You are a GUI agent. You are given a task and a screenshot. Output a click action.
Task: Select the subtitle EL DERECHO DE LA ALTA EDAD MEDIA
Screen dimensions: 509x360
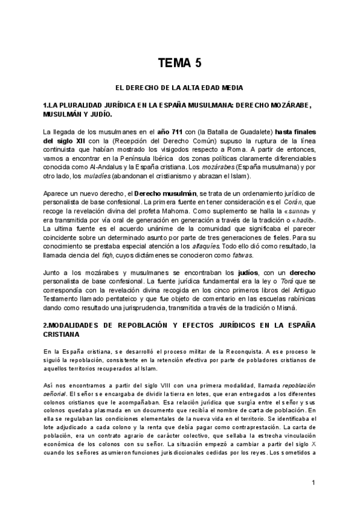(x=179, y=88)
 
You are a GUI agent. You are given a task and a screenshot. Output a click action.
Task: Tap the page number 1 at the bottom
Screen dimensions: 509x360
(x=313, y=483)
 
